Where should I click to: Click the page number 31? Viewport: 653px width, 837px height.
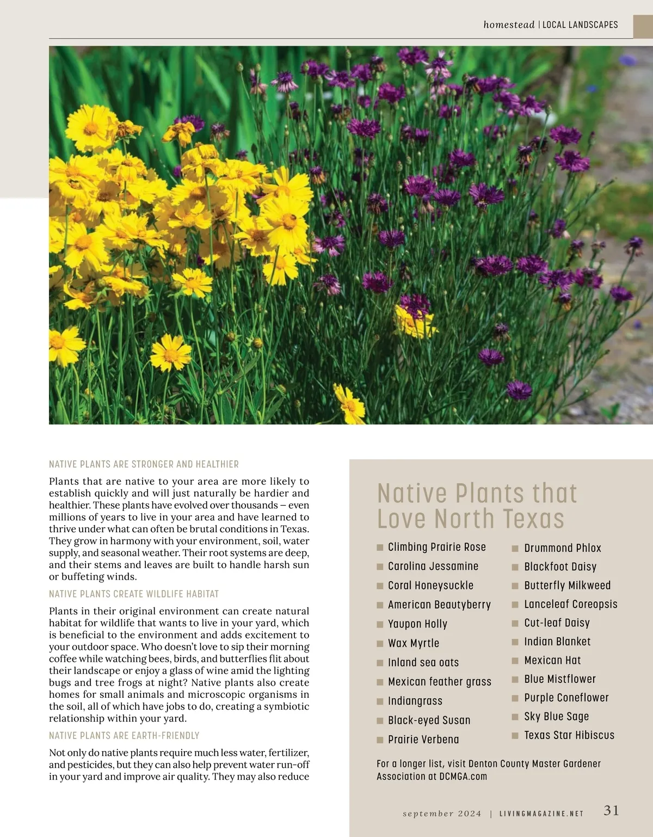point(611,810)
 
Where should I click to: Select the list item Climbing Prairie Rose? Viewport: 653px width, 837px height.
point(436,547)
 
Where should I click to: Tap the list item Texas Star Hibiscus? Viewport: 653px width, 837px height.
point(569,735)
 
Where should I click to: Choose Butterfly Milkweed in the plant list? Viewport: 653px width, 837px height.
point(567,586)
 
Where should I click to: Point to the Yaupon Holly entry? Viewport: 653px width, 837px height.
point(417,624)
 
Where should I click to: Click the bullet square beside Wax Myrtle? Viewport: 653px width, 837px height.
point(380,644)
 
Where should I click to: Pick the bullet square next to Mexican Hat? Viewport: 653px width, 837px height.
point(515,661)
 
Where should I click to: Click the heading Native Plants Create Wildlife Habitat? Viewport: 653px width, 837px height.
point(134,594)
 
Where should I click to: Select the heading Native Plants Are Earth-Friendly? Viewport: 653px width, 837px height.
point(124,736)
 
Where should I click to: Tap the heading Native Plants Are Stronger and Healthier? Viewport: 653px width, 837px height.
point(144,464)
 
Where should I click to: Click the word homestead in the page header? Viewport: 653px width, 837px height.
point(509,24)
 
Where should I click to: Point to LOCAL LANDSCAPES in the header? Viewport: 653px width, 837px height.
point(580,24)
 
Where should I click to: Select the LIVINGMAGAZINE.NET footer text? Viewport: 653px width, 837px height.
point(541,814)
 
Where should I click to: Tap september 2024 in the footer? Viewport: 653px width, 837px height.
point(442,814)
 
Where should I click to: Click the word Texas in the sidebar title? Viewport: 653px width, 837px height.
point(533,519)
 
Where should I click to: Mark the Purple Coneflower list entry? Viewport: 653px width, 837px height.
point(566,698)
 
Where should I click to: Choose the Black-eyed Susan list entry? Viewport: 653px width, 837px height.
point(429,721)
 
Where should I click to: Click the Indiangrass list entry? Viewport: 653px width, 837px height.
point(415,701)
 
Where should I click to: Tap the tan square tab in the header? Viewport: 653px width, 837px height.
point(643,27)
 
